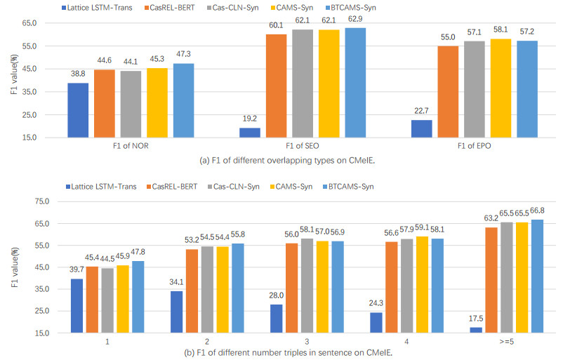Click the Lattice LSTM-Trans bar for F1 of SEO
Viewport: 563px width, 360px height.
coord(250,132)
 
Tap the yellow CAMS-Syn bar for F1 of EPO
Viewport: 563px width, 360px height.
coord(501,88)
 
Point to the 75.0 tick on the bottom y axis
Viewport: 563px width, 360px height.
coord(34,201)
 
